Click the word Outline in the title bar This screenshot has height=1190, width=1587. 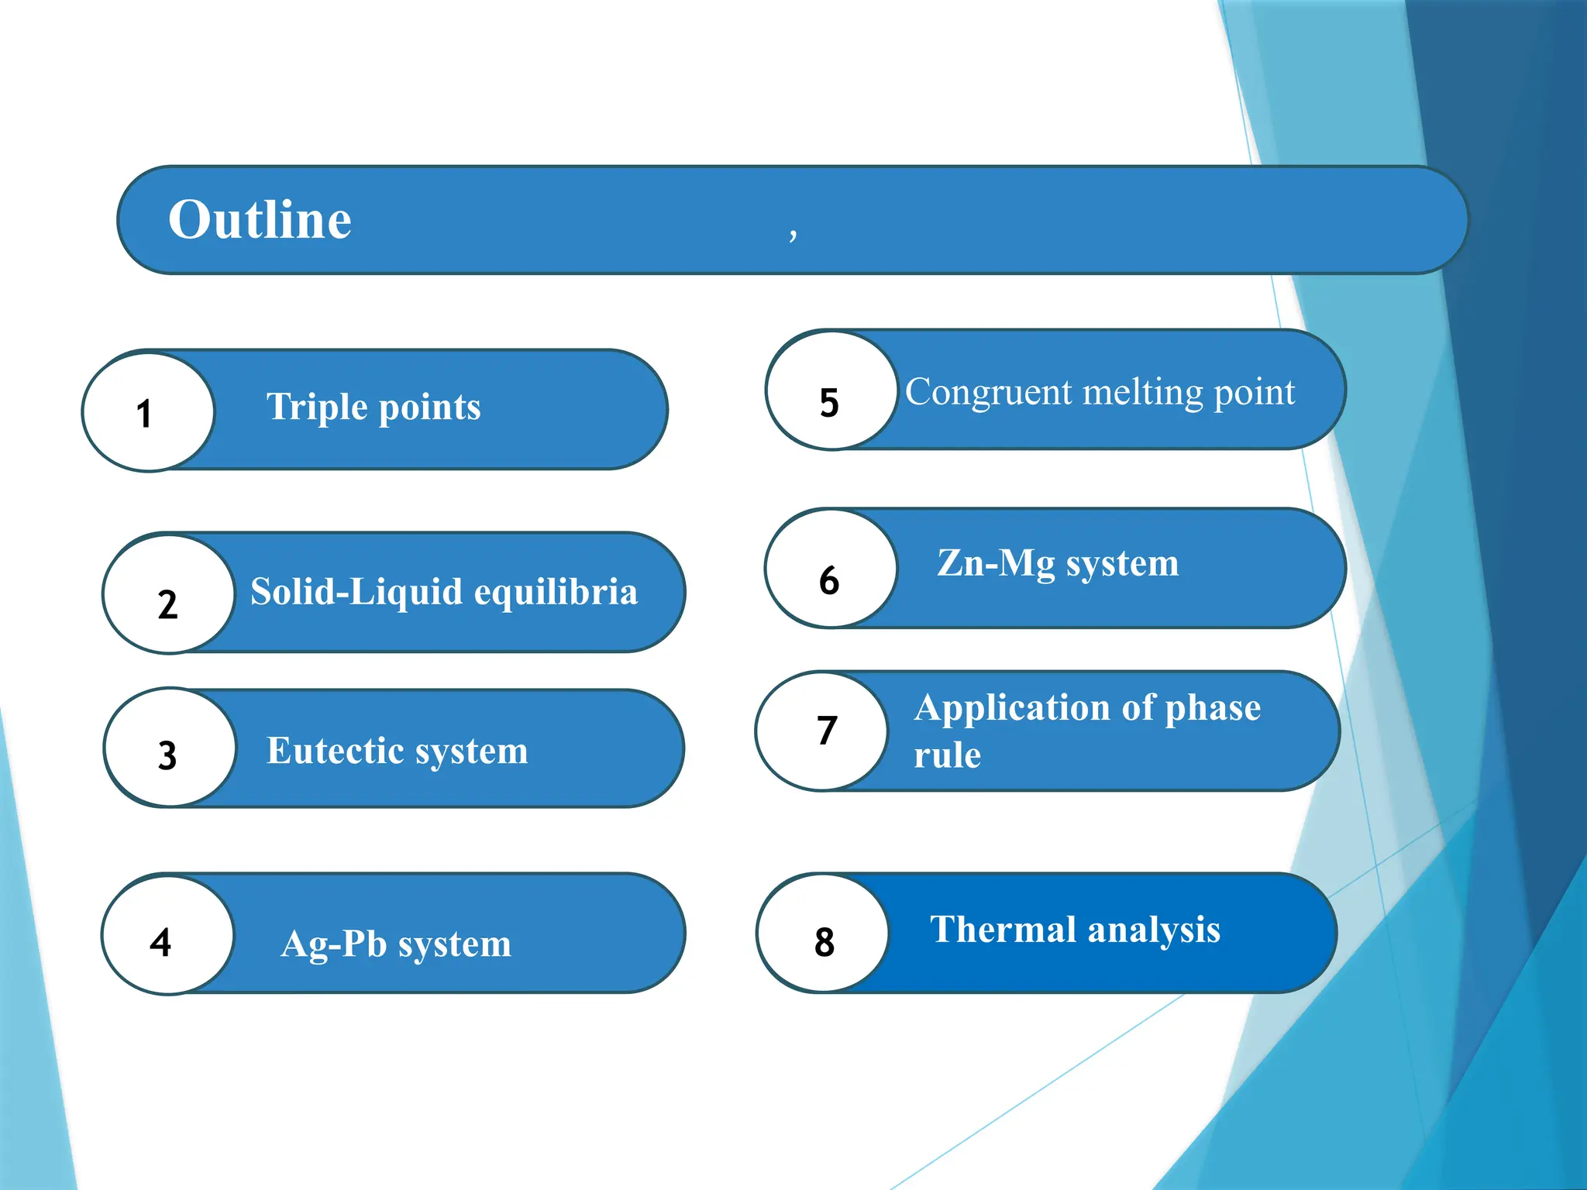(260, 220)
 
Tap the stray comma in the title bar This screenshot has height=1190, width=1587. (793, 232)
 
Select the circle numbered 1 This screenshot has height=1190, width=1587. (147, 411)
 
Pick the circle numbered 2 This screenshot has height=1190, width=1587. (168, 594)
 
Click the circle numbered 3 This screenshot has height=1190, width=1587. (169, 748)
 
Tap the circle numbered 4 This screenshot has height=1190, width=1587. (167, 935)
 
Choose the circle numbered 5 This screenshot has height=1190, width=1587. (831, 391)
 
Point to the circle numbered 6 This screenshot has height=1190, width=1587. (831, 569)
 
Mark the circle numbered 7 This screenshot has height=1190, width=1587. (822, 731)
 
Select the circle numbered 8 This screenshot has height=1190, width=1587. (822, 934)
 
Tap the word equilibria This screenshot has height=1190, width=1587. (556, 592)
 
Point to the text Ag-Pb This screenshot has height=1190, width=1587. (333, 944)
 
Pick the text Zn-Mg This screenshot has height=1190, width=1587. (995, 563)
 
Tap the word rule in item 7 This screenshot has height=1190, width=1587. (947, 755)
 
